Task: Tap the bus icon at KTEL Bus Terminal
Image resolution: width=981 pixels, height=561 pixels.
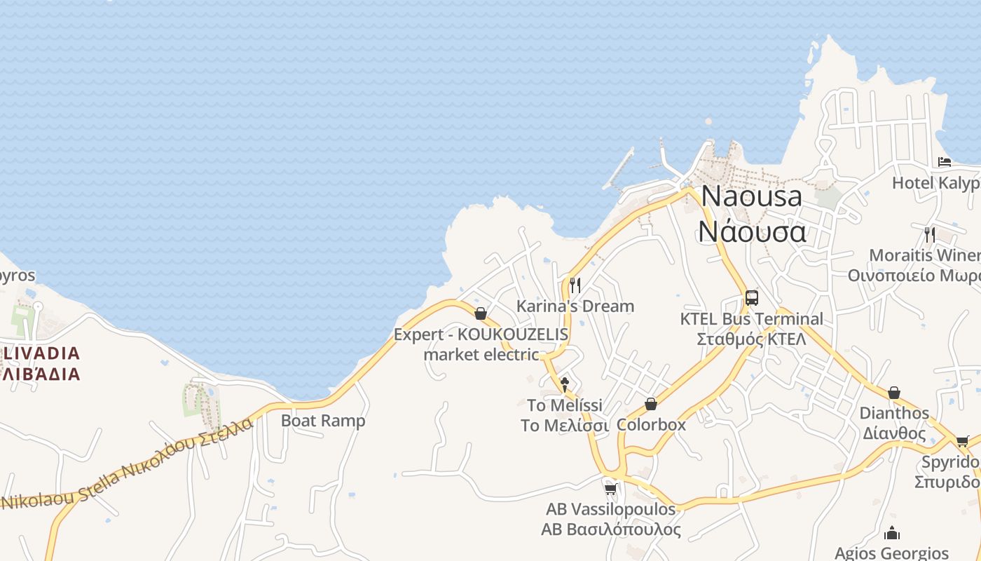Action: click(x=752, y=298)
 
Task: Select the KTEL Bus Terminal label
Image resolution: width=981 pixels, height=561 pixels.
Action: click(x=752, y=328)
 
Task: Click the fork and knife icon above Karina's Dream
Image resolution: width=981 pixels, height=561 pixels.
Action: click(x=575, y=285)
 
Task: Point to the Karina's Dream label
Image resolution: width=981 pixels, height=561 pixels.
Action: click(x=575, y=306)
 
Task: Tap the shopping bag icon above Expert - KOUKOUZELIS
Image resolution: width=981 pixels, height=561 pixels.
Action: click(x=481, y=313)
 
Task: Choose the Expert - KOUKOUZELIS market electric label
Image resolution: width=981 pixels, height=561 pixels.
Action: click(x=481, y=344)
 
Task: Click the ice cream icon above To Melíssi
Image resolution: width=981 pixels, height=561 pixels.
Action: click(x=565, y=384)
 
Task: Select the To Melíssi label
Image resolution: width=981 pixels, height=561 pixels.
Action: click(x=565, y=415)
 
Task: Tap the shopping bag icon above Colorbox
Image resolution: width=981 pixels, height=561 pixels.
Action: click(x=651, y=404)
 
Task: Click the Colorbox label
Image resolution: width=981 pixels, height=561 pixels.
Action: click(x=651, y=424)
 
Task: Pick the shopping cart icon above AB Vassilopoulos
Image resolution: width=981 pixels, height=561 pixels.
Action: click(x=610, y=488)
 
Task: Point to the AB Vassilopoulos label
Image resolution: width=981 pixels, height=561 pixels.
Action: click(x=610, y=519)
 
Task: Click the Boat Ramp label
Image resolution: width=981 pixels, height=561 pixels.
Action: click(x=323, y=421)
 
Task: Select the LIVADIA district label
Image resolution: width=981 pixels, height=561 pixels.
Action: click(x=41, y=362)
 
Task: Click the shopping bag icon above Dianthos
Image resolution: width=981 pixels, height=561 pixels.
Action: click(x=894, y=393)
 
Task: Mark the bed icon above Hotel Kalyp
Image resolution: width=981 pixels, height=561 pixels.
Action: click(x=945, y=162)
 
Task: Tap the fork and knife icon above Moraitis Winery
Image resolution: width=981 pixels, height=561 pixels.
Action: click(x=930, y=234)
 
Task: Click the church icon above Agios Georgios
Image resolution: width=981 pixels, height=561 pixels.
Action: click(x=892, y=533)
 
